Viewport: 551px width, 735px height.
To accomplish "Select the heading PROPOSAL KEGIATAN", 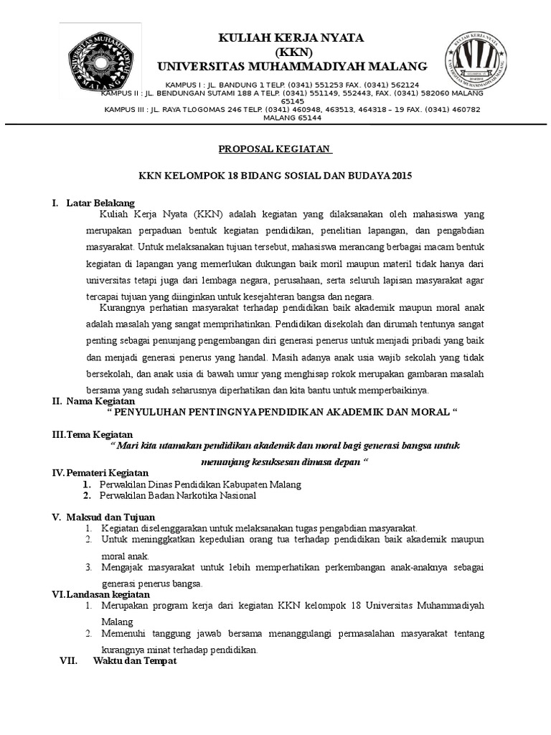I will [275, 149].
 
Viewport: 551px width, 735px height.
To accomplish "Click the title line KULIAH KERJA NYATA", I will [291, 37].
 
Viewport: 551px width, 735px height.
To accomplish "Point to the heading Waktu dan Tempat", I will [135, 661].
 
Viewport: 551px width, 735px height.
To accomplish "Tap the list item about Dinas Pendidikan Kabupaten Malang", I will [200, 484].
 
